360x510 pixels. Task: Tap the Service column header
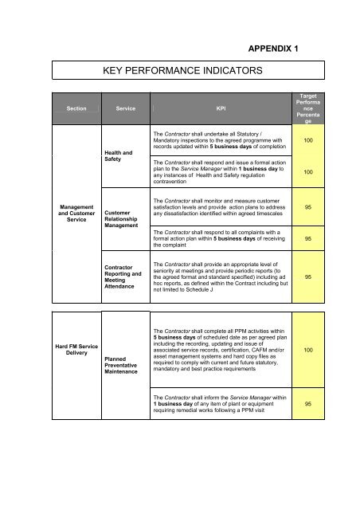tap(124, 106)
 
